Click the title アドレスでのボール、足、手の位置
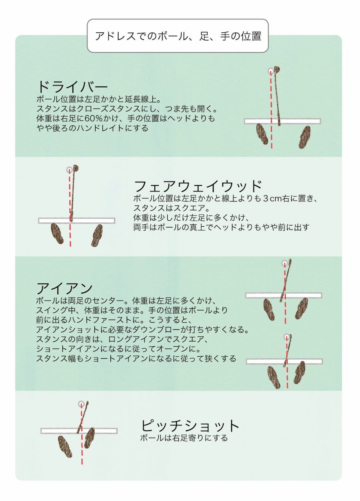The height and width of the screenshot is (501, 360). tap(178, 36)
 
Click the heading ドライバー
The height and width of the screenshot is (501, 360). tap(72, 87)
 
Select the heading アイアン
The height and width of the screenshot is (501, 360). tap(64, 288)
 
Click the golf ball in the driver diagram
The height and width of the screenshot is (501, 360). tap(271, 71)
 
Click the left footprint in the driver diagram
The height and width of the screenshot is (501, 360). tap(262, 134)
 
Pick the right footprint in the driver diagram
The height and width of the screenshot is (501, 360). tap(304, 137)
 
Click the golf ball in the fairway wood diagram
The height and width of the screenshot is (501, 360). tap(69, 170)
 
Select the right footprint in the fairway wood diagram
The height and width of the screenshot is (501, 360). tap(97, 236)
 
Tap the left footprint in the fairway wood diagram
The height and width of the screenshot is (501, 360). tap(57, 233)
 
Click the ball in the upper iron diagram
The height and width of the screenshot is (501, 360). tap(284, 263)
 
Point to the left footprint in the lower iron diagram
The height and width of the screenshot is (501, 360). tap(274, 377)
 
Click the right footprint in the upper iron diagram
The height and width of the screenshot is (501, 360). tap(301, 308)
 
